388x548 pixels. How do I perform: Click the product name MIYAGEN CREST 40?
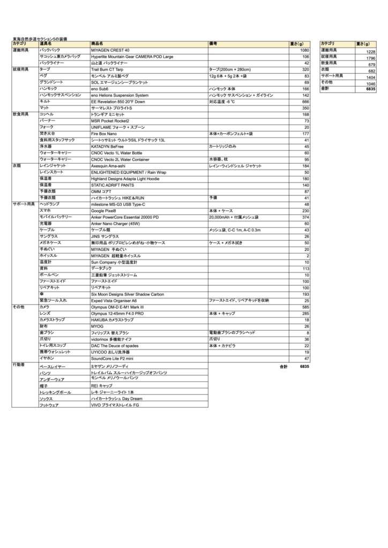pyautogui.click(x=110, y=50)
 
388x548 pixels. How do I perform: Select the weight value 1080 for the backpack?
pyautogui.click(x=305, y=50)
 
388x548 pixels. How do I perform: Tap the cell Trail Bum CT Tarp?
pyautogui.click(x=107, y=70)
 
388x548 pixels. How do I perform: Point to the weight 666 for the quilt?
pyautogui.click(x=305, y=102)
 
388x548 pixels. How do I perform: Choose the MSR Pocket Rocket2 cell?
pyautogui.click(x=110, y=121)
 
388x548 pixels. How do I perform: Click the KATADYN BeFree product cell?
pyautogui.click(x=108, y=147)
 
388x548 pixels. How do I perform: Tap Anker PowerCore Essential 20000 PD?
pyautogui.click(x=125, y=218)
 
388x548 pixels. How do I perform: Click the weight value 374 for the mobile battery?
pyautogui.click(x=305, y=218)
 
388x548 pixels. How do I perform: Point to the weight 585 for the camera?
pyautogui.click(x=305, y=308)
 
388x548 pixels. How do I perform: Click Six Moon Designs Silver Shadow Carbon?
pyautogui.click(x=127, y=295)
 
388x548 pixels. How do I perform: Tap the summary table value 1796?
pyautogui.click(x=370, y=58)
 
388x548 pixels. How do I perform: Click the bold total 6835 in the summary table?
pyautogui.click(x=370, y=89)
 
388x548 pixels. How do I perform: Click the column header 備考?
pyautogui.click(x=213, y=43)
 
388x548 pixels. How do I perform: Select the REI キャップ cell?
pyautogui.click(x=102, y=385)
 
